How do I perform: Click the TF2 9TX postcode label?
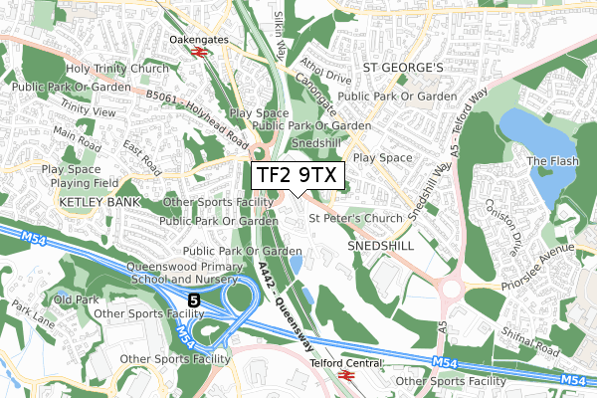pos(298,175)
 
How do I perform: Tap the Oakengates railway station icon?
pos(200,49)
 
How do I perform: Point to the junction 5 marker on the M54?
pos(193,298)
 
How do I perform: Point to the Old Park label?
pos(76,298)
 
